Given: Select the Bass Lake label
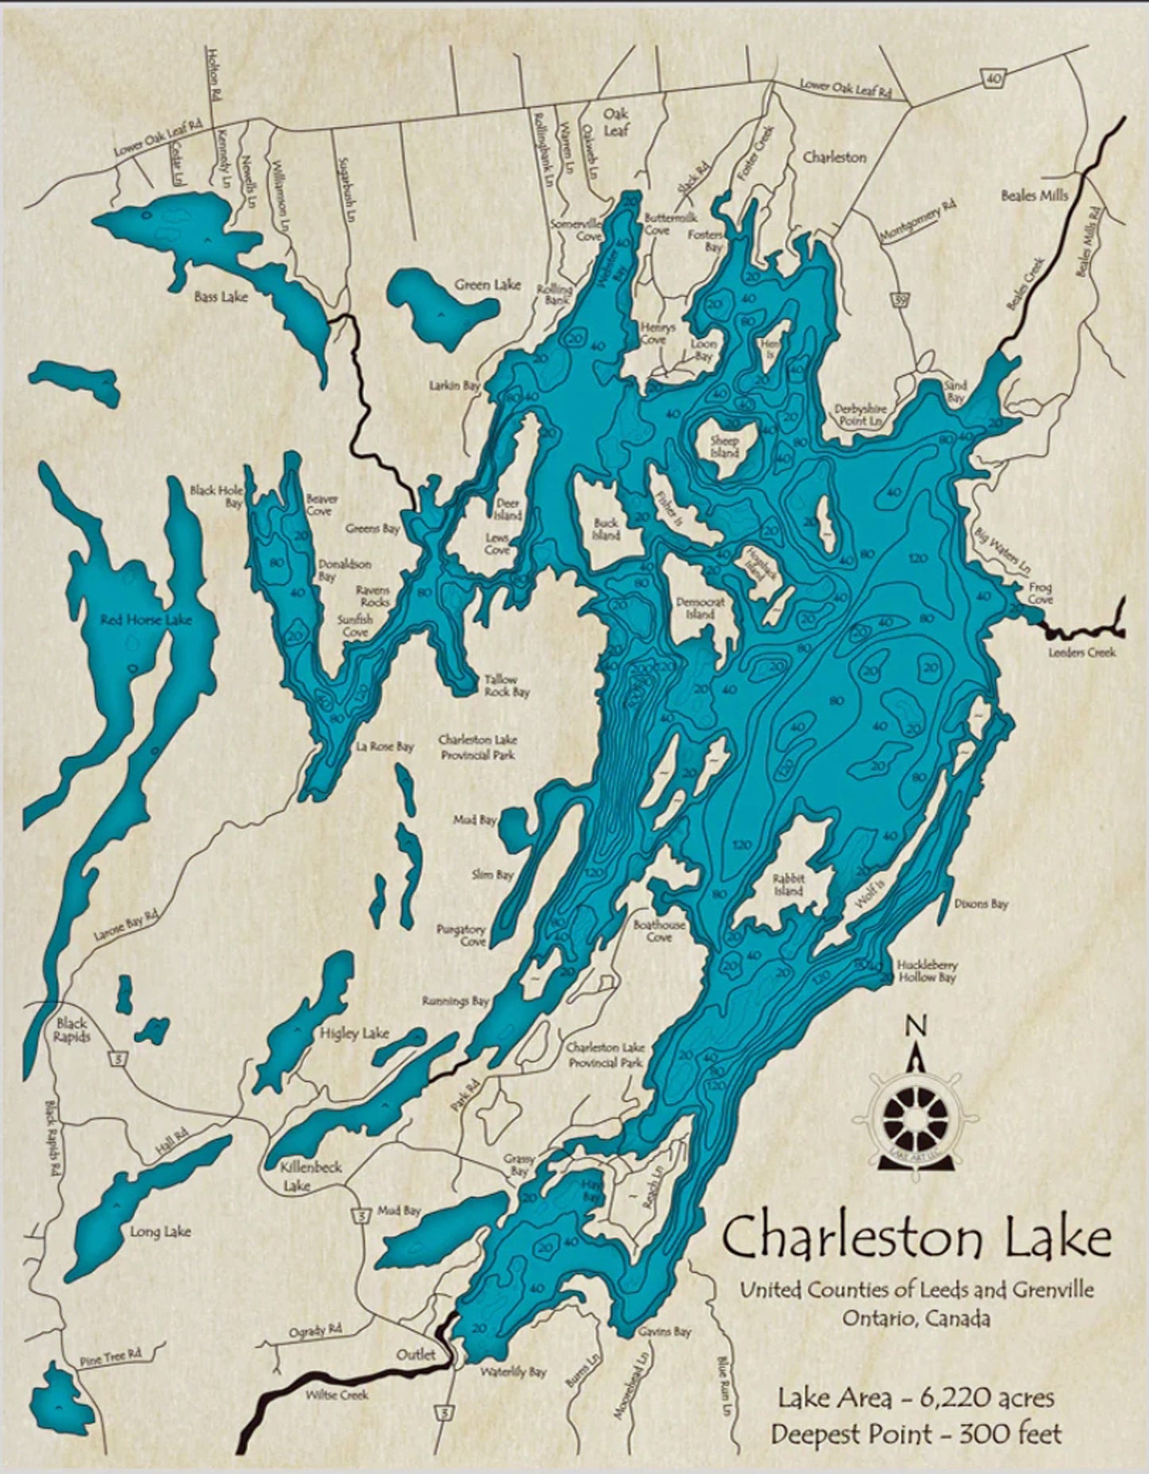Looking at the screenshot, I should click(x=221, y=297).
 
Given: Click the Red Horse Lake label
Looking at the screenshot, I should click(x=146, y=619).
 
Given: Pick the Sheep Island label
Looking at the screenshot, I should click(x=724, y=447).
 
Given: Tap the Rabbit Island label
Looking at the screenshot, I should click(x=789, y=885).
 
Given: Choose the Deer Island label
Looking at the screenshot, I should click(x=507, y=509).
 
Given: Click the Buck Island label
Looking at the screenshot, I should click(x=606, y=529).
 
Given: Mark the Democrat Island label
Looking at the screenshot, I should click(x=700, y=608).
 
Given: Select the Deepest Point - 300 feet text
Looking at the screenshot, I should click(x=916, y=1434).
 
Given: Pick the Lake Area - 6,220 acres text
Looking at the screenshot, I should click(x=917, y=1397).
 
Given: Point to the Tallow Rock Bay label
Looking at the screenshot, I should click(x=507, y=685).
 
